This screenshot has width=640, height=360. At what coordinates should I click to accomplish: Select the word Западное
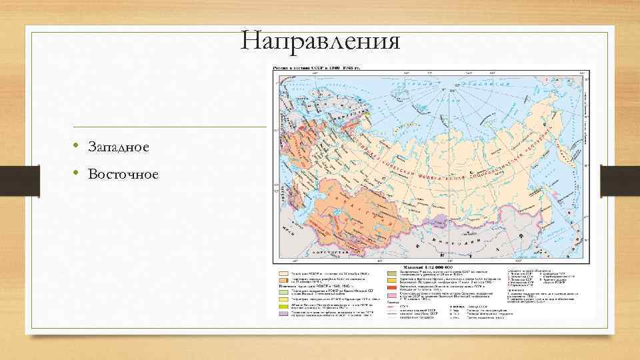point(117,147)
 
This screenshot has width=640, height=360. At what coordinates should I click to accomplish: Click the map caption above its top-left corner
point(315,68)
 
